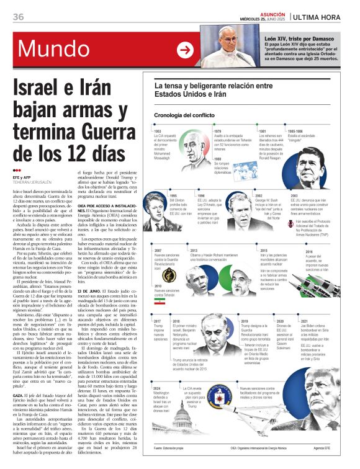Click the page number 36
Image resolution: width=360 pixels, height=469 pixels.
coord(18,17)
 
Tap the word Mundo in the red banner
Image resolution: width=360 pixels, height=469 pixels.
coord(50,50)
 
